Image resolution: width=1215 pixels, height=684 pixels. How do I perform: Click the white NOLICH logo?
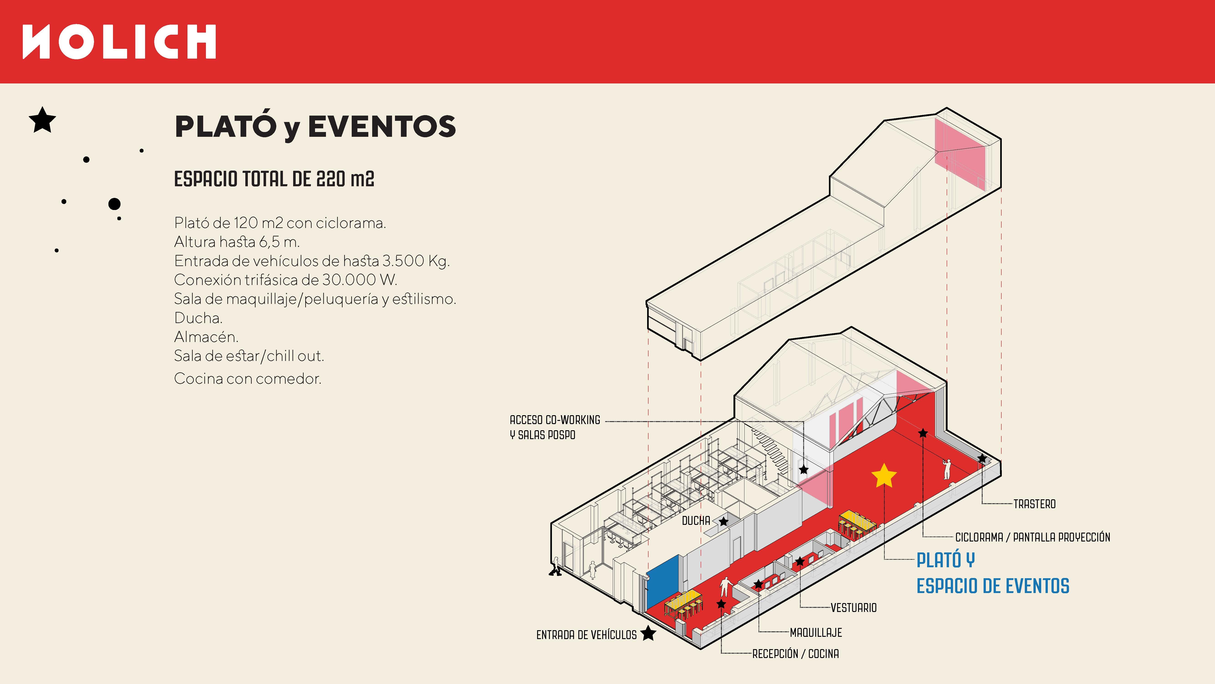click(x=119, y=42)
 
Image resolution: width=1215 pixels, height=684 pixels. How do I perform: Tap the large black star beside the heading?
click(x=42, y=120)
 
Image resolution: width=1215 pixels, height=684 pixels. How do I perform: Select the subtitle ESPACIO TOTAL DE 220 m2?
click(x=274, y=179)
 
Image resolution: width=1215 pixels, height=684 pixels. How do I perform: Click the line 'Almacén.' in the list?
click(x=206, y=337)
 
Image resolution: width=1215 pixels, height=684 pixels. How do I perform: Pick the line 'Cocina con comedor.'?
click(x=248, y=378)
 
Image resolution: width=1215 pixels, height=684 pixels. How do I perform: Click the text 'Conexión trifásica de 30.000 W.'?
click(x=285, y=280)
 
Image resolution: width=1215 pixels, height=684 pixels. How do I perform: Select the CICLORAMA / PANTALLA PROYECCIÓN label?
click(x=1033, y=537)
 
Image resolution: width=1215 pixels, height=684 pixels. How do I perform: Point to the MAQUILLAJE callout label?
click(x=815, y=632)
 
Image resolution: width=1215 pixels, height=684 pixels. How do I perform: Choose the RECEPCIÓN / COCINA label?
click(x=795, y=654)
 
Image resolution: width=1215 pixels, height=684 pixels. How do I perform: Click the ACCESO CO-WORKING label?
click(x=555, y=420)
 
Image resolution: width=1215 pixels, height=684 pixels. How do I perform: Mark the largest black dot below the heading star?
click(x=114, y=204)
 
